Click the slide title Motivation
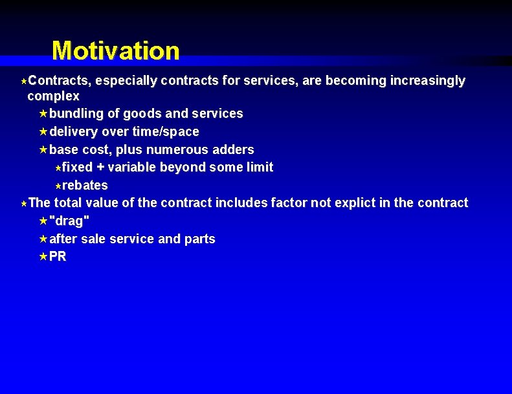tap(115, 50)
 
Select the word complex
tap(53, 96)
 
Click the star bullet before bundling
tap(43, 114)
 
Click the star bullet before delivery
tap(43, 132)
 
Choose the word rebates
tap(85, 185)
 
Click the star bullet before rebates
tap(57, 186)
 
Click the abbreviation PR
tap(58, 257)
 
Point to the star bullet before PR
tap(43, 257)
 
